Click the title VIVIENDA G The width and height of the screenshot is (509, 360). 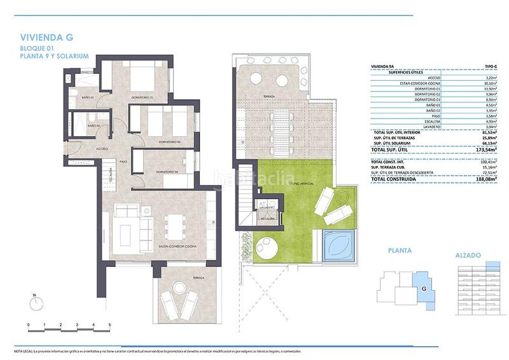point(46,38)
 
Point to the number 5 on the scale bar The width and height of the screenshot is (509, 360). point(110,324)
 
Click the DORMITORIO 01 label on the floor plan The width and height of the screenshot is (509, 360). point(142,97)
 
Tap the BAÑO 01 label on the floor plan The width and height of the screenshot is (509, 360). point(88,97)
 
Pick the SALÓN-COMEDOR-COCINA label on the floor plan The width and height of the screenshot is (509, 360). point(160,245)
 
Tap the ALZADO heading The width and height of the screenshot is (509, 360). point(468,255)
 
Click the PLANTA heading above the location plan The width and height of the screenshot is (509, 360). point(400,251)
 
